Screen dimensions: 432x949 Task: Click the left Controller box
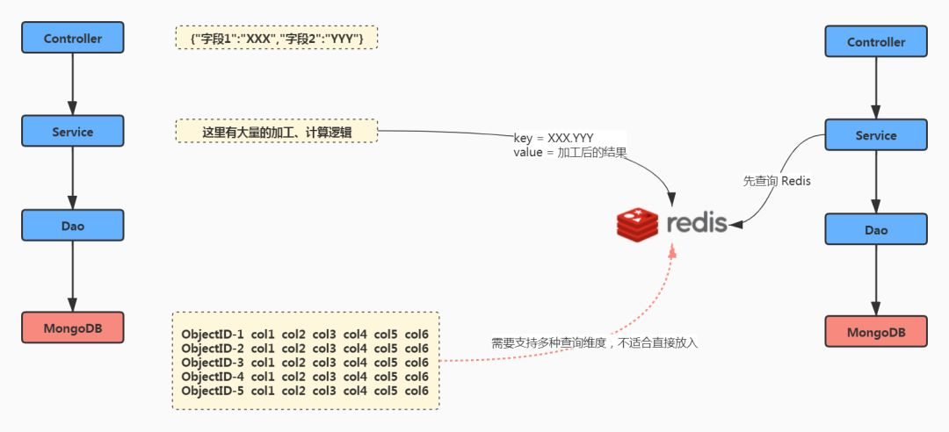pyautogui.click(x=73, y=38)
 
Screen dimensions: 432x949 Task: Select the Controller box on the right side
pyautogui.click(x=875, y=41)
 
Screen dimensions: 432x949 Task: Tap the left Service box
pyautogui.click(x=73, y=131)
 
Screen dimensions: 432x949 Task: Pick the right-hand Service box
pyautogui.click(x=875, y=135)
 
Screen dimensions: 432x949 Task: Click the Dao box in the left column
pyautogui.click(x=73, y=226)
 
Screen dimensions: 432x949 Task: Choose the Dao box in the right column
pyautogui.click(x=875, y=229)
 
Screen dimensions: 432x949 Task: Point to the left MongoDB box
pyautogui.click(x=73, y=328)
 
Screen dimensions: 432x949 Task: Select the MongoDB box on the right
pyautogui.click(x=875, y=332)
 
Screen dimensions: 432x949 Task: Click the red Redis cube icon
pyautogui.click(x=637, y=224)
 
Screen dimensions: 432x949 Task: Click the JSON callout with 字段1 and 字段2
pyautogui.click(x=277, y=38)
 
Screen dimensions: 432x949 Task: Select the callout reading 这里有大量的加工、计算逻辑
pyautogui.click(x=277, y=132)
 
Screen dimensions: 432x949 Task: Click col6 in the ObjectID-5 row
pyautogui.click(x=417, y=390)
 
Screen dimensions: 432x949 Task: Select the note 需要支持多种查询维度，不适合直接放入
pyautogui.click(x=594, y=343)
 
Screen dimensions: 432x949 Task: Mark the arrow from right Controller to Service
pyautogui.click(x=875, y=88)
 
